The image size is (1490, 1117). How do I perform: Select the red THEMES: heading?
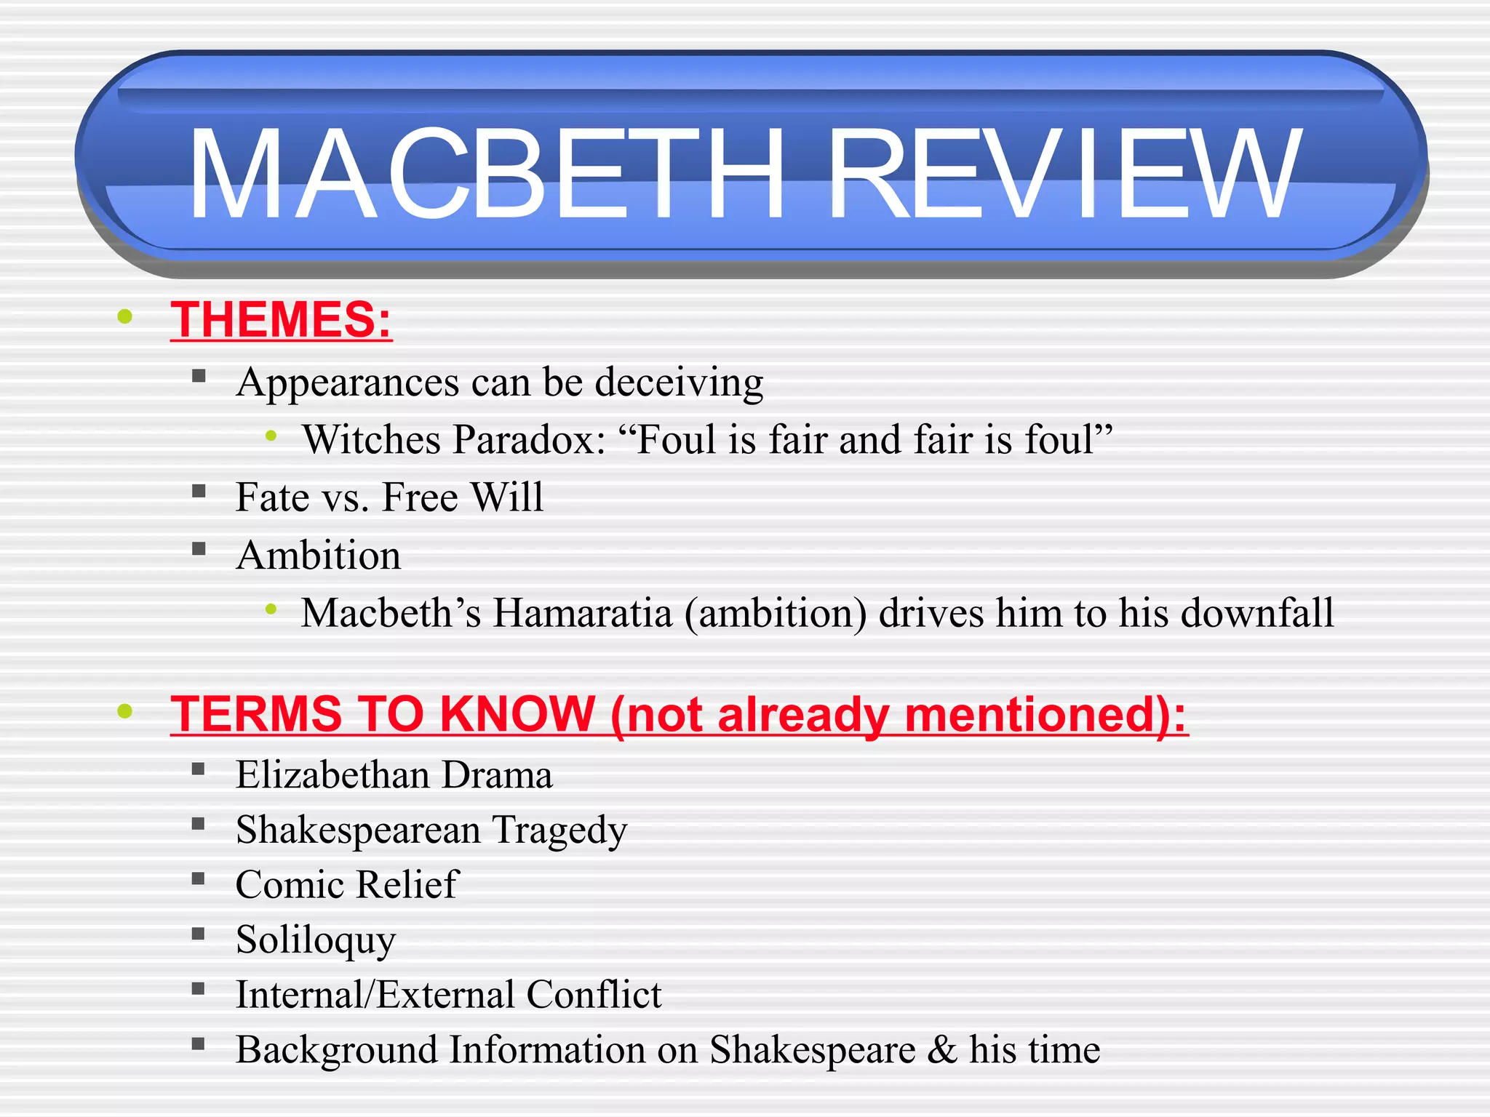(x=281, y=319)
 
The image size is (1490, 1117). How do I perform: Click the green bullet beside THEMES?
(x=125, y=316)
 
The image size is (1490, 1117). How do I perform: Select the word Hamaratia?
(x=582, y=613)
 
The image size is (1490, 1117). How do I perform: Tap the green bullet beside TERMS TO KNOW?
(x=125, y=710)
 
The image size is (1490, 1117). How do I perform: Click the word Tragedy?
(x=559, y=830)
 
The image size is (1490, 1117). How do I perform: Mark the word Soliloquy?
(x=316, y=940)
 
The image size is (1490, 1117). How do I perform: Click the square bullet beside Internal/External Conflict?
(x=199, y=988)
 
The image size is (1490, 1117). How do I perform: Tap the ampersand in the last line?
(x=942, y=1049)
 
